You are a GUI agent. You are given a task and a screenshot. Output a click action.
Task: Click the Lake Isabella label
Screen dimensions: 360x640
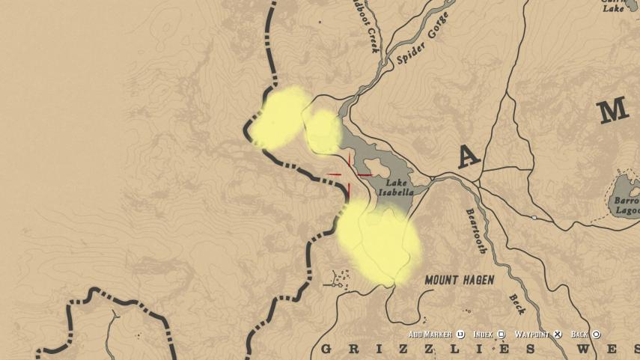[x=399, y=187]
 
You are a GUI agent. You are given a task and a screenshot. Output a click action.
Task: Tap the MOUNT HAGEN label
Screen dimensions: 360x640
[x=460, y=281]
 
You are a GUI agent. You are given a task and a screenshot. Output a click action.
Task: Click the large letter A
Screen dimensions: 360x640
[x=469, y=156]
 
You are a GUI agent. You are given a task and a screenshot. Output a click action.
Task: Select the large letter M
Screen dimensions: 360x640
[x=613, y=112]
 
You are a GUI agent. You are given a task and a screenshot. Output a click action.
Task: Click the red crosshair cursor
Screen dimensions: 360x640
[x=350, y=175]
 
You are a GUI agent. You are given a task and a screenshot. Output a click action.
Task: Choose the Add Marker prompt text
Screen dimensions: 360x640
[x=430, y=335]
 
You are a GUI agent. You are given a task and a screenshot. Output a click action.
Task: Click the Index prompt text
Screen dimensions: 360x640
[x=483, y=335]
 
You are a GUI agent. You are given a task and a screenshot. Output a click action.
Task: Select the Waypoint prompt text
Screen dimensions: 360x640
[x=532, y=335]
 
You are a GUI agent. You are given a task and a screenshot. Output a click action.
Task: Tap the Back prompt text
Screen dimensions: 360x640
[x=580, y=335]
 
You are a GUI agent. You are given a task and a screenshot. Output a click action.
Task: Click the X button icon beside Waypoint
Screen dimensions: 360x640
[x=558, y=335]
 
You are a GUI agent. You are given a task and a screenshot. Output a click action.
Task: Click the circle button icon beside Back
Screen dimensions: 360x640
[x=597, y=335]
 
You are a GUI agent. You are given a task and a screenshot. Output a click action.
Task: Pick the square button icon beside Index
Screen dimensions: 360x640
[x=501, y=335]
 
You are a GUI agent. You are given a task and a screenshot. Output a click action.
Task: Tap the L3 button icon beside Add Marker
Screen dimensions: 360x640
[x=460, y=335]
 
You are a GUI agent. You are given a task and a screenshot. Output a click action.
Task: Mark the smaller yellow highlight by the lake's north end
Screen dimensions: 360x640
[x=323, y=132]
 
